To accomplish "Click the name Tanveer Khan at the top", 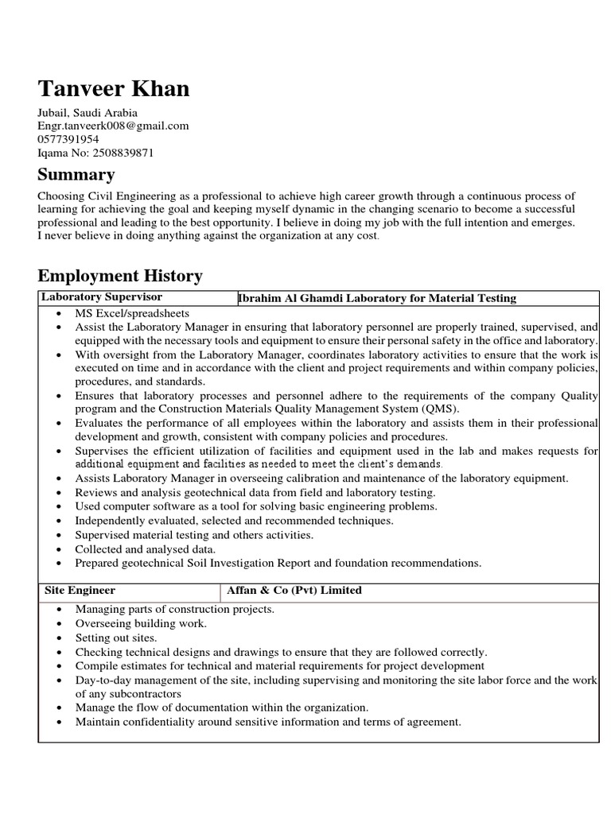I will (x=114, y=88).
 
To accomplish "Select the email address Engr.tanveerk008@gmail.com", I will (x=113, y=126).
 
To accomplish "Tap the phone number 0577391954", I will (x=68, y=139).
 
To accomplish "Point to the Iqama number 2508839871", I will (x=95, y=152).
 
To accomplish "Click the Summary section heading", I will (x=76, y=174).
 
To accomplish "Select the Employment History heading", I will (x=120, y=276).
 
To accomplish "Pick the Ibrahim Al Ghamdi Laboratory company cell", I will (x=377, y=298).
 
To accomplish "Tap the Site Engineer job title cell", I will (x=79, y=591).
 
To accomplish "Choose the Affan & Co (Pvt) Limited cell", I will (x=294, y=591).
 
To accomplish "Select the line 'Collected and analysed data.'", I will (x=146, y=548).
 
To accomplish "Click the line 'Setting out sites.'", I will (x=116, y=638).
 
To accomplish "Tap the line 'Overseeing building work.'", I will (x=141, y=623).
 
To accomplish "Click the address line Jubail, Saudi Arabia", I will (x=88, y=113).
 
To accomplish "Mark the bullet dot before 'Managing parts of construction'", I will (x=61, y=610).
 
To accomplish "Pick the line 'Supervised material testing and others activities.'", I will (x=194, y=535).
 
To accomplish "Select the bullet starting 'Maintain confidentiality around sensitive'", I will (x=268, y=722).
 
